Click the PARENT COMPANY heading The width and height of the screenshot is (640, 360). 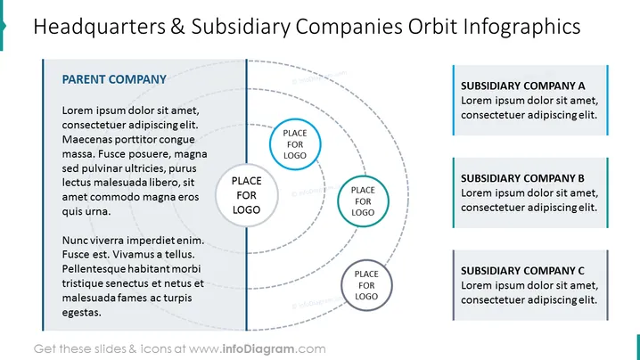(x=114, y=79)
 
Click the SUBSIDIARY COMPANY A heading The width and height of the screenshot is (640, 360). (x=523, y=86)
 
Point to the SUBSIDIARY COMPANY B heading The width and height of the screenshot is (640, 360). (x=522, y=178)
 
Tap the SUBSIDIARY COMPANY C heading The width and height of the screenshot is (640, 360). (x=522, y=271)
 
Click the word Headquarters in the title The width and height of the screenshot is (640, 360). (x=100, y=27)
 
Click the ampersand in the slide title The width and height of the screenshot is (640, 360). (x=178, y=27)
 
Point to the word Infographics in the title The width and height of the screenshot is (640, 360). (x=521, y=27)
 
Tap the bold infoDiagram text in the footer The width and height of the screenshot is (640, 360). (x=258, y=349)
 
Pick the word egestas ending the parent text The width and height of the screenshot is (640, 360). (x=82, y=313)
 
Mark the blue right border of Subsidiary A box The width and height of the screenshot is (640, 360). (x=607, y=100)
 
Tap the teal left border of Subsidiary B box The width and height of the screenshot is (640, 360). (x=454, y=192)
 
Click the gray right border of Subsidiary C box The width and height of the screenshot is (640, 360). (x=607, y=285)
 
